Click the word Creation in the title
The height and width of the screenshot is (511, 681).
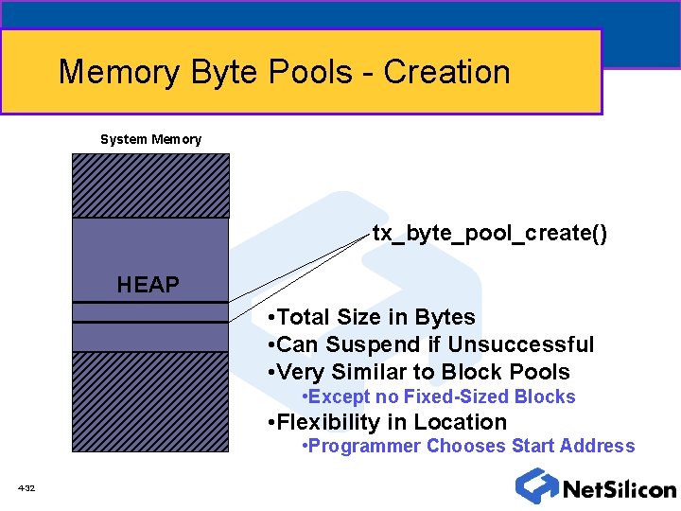pos(446,72)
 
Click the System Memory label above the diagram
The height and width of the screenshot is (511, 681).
pos(150,139)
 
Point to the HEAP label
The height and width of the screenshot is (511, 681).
pos(148,284)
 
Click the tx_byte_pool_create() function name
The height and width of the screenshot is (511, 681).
pos(489,233)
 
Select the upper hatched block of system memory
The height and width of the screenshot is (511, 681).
pos(150,185)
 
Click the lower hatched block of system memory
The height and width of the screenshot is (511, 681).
pos(150,401)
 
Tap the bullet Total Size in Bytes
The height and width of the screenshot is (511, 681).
pos(372,318)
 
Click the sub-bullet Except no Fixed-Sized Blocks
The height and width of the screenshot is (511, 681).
pos(437,396)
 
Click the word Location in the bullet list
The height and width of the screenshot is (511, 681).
pos(467,422)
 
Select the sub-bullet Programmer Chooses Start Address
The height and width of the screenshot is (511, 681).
pos(467,446)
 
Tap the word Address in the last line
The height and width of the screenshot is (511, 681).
pos(599,446)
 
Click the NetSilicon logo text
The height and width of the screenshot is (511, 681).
pos(619,489)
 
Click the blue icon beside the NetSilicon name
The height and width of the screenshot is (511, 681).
pos(535,485)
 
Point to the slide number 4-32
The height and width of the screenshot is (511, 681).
pos(26,488)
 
